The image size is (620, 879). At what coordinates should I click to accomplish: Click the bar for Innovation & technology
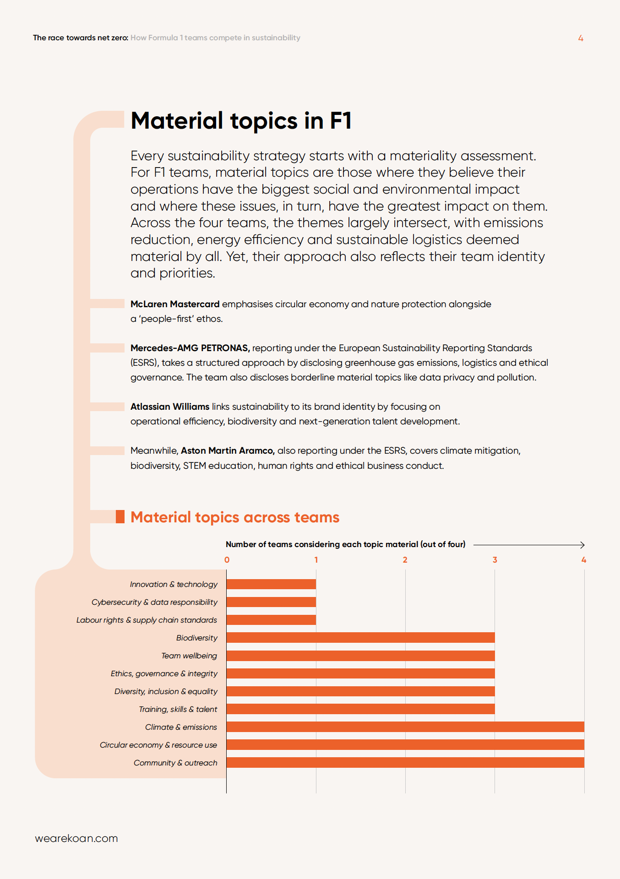[x=271, y=584]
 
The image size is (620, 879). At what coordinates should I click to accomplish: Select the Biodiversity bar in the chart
[x=360, y=638]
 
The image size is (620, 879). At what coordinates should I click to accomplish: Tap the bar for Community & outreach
[x=405, y=763]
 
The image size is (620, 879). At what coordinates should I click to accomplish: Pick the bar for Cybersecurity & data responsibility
[x=271, y=602]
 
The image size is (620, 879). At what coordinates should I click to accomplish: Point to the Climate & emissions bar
[x=405, y=727]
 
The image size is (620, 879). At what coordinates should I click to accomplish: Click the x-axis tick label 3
[x=495, y=560]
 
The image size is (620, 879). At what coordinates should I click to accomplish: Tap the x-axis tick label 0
[x=227, y=560]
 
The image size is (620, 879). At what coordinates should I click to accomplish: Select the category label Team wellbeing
[x=189, y=656]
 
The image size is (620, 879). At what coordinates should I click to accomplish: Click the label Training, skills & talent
[x=178, y=709]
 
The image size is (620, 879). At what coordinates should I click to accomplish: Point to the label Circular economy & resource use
[x=158, y=745]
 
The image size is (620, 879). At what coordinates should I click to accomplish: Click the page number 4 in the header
[x=581, y=38]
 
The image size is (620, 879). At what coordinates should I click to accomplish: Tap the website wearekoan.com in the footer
[x=76, y=838]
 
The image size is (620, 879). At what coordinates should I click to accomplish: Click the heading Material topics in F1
[x=241, y=121]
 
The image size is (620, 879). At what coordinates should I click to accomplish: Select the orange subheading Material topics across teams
[x=235, y=517]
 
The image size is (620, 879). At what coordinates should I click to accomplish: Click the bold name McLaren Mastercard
[x=175, y=304]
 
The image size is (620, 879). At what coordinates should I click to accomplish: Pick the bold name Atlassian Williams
[x=170, y=407]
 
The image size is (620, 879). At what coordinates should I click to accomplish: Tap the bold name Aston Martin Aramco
[x=228, y=450]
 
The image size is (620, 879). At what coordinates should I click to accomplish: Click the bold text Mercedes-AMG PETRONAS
[x=190, y=348]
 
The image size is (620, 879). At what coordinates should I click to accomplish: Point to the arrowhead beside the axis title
[x=582, y=545]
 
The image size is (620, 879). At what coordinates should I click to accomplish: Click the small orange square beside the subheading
[x=120, y=517]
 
